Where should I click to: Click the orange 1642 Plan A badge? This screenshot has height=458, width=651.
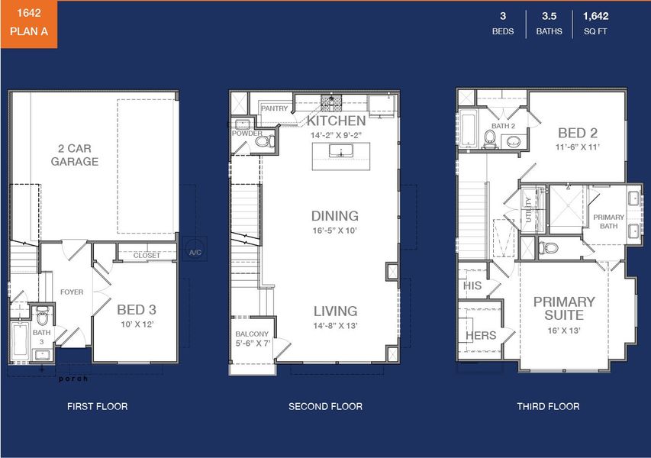[x=28, y=24]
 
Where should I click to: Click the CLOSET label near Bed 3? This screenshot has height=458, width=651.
[x=147, y=256]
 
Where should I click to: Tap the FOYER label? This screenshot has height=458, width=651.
[x=72, y=292]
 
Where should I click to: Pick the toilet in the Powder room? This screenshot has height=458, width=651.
[x=263, y=140]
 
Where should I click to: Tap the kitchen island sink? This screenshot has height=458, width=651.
[x=336, y=152]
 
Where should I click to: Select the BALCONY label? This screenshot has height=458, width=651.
[x=252, y=334]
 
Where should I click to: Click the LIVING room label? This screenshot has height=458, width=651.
[x=335, y=311]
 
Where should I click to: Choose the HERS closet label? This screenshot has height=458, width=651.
[x=481, y=335]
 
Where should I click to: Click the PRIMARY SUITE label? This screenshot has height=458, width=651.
[x=564, y=308]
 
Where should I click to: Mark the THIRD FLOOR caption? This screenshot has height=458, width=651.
[x=547, y=406]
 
